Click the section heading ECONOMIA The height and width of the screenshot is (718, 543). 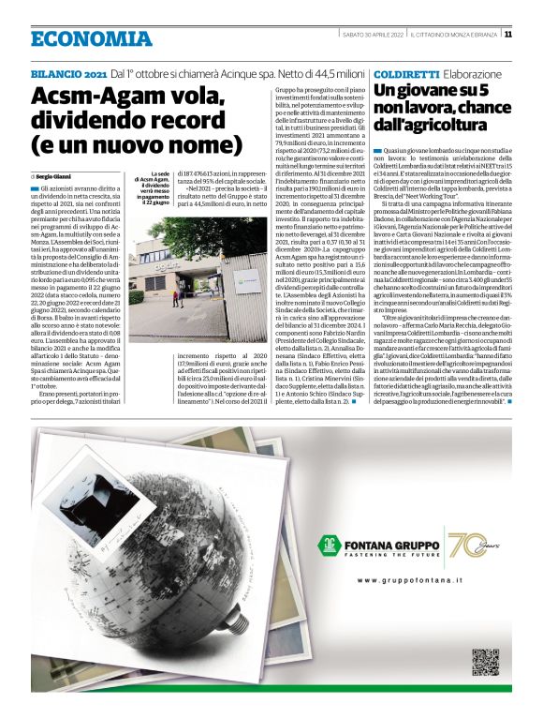pos(89,38)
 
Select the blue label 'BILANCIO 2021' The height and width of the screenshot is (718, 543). pos(68,73)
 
